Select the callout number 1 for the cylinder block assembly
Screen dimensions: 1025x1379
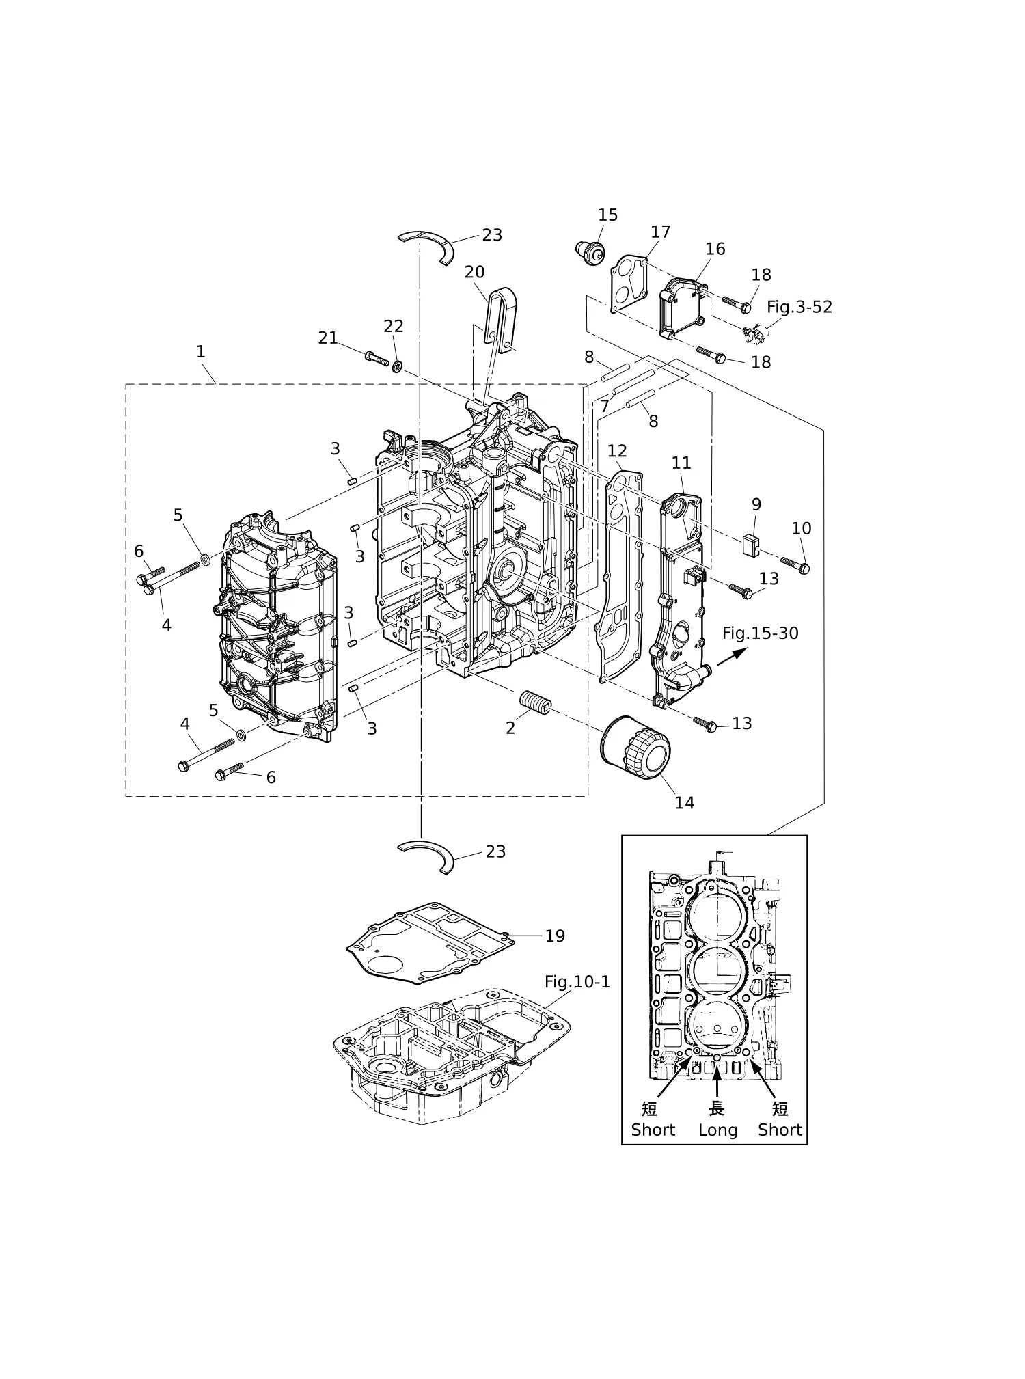pos(200,352)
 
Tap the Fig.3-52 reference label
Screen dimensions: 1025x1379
pos(799,308)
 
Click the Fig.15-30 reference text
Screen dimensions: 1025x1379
pos(760,633)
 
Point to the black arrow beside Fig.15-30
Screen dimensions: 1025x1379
pos(732,657)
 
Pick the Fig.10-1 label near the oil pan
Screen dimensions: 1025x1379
pos(577,982)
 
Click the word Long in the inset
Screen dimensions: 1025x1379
pos(717,1130)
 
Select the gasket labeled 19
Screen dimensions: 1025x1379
pos(430,944)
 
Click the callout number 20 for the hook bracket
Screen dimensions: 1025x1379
pos(474,272)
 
